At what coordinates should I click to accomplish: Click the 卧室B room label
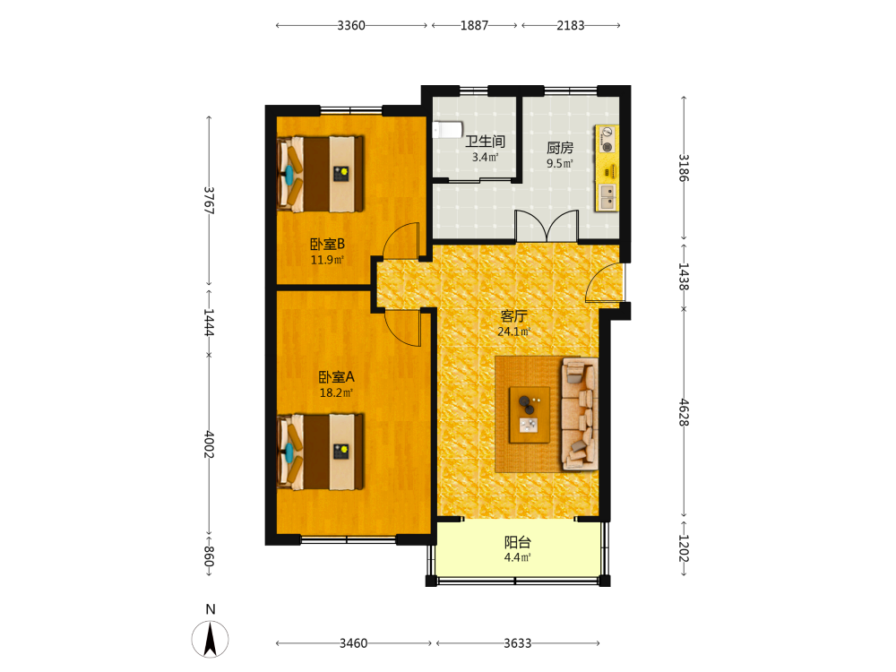327,244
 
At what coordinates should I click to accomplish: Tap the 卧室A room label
337,377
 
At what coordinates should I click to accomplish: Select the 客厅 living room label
513,316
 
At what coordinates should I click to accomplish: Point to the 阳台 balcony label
518,542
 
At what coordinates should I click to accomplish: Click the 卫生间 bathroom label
485,142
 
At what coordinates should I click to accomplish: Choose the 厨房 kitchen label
560,148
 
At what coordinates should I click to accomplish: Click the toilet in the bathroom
447,130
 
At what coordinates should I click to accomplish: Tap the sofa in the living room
580,414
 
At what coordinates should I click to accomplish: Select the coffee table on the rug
530,415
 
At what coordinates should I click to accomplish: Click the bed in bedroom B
320,174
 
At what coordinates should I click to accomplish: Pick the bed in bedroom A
320,452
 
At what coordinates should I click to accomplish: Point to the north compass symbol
211,639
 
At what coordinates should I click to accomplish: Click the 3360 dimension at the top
351,25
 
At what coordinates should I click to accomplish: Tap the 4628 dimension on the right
684,412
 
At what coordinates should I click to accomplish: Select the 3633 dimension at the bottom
518,643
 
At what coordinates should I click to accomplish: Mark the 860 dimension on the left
209,556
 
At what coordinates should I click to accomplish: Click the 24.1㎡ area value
514,332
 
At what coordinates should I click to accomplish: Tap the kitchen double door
547,226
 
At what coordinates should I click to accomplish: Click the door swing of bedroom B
401,240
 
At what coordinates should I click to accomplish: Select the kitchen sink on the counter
607,196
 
